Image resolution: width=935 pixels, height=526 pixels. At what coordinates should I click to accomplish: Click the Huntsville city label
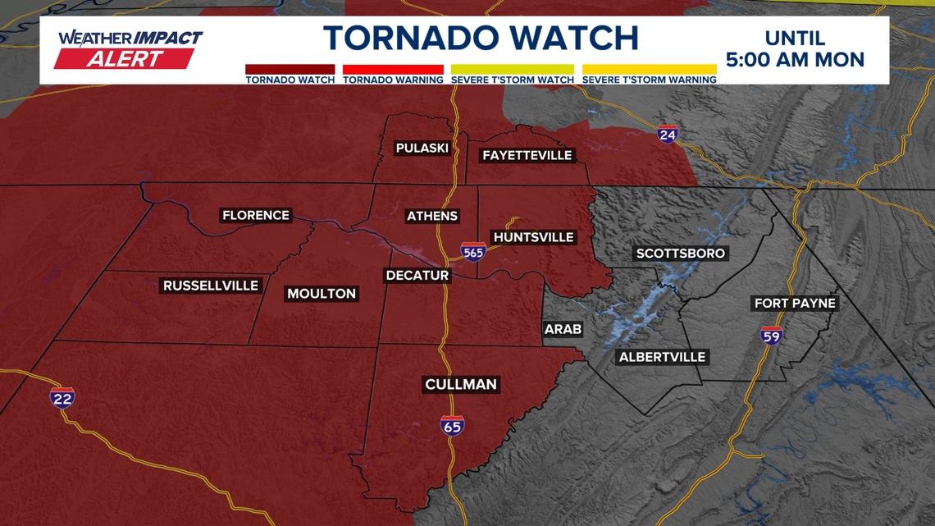click(533, 237)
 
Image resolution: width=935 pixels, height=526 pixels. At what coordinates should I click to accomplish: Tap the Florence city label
click(256, 215)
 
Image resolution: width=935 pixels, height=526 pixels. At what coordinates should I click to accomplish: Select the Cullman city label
click(461, 384)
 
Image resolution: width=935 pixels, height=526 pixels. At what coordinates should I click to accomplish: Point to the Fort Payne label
click(795, 304)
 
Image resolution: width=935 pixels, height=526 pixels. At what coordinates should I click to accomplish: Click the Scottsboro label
click(681, 254)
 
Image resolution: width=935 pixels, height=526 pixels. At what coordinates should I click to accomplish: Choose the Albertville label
click(662, 357)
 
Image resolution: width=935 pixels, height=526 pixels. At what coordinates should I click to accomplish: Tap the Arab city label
click(563, 329)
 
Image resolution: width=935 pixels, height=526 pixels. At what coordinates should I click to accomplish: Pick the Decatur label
click(417, 276)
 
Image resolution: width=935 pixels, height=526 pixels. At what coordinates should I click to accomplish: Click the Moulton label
click(322, 294)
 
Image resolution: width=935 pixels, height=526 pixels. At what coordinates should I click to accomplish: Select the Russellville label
click(211, 286)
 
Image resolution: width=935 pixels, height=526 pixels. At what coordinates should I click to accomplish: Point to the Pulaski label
click(422, 148)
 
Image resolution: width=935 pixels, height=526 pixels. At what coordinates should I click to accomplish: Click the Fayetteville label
click(527, 155)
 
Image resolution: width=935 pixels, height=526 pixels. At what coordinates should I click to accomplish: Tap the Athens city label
click(432, 216)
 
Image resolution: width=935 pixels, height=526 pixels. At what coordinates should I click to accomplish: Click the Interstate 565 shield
click(473, 252)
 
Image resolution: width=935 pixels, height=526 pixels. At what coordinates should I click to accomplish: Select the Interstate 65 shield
click(452, 425)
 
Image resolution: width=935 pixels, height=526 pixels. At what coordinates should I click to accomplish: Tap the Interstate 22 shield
click(62, 398)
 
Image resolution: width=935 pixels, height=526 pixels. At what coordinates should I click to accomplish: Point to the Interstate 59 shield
click(771, 335)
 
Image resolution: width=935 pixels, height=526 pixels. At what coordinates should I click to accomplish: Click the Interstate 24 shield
click(668, 134)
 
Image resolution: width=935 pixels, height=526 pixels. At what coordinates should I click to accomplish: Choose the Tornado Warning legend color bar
click(393, 70)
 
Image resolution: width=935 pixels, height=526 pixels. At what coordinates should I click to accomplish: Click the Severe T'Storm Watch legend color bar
click(512, 70)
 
